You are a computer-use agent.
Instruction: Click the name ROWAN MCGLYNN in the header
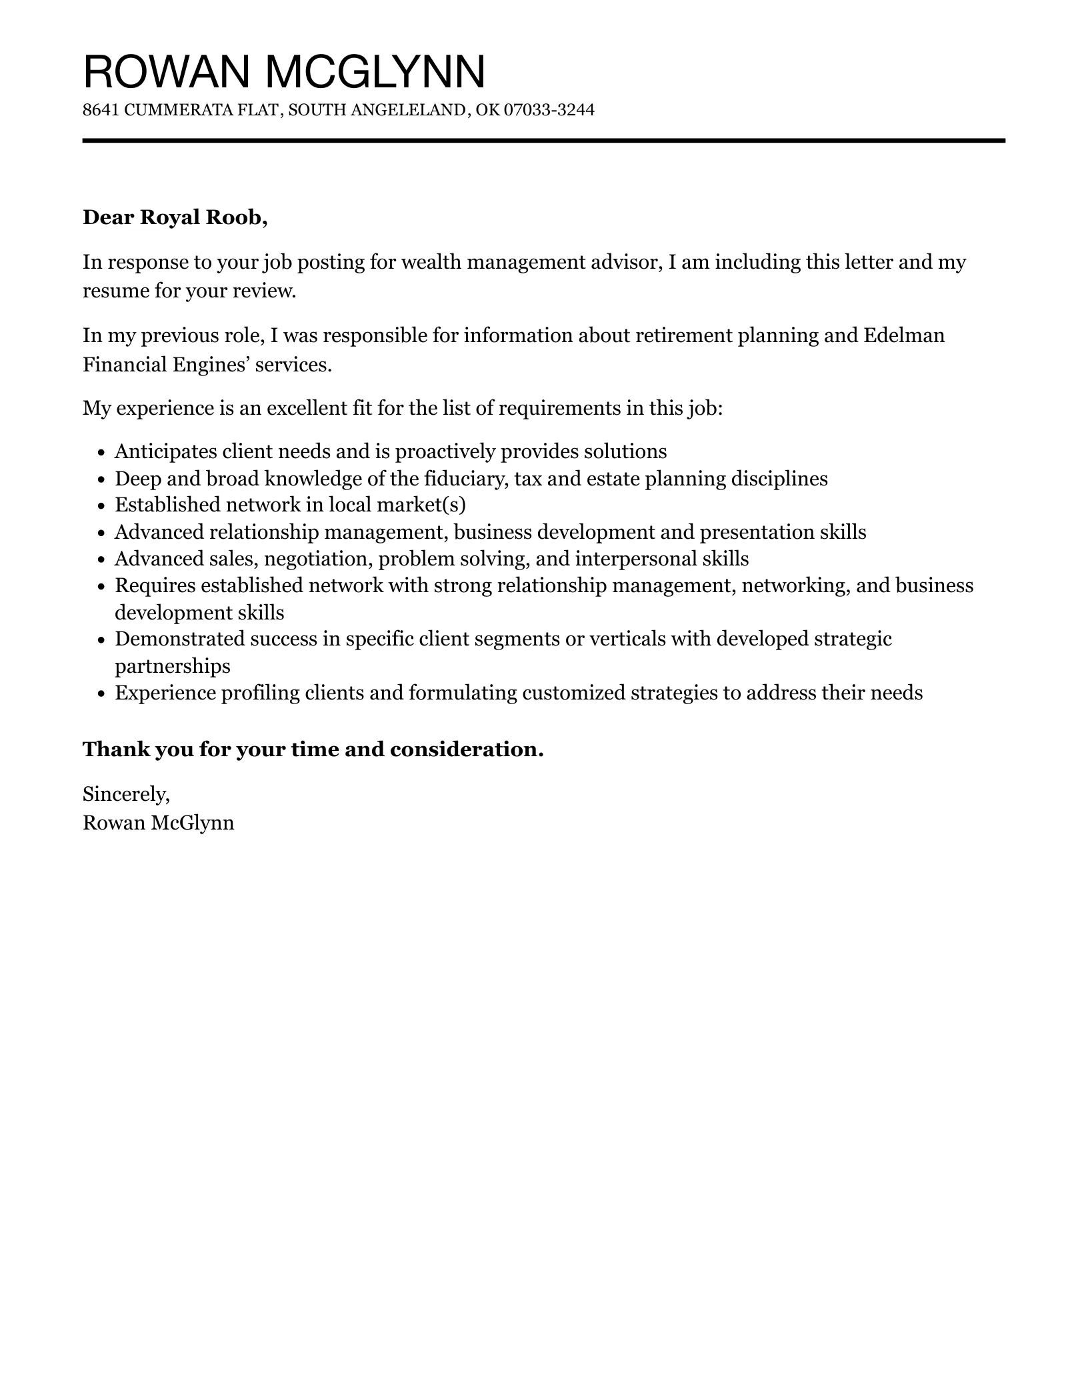[x=284, y=71]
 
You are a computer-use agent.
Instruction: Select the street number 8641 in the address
[x=101, y=110]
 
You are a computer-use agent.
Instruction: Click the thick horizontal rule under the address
[x=543, y=141]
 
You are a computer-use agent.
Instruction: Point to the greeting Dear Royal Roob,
[x=175, y=217]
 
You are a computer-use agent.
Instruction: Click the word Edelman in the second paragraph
[x=904, y=335]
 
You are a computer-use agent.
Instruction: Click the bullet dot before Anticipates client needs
[x=101, y=453]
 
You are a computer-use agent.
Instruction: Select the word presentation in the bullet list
[x=757, y=532]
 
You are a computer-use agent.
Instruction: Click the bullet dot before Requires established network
[x=101, y=587]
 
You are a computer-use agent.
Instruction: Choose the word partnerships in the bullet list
[x=173, y=666]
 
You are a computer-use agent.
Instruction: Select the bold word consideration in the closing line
[x=467, y=750]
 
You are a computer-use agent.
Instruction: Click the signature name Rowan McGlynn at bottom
[x=158, y=823]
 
